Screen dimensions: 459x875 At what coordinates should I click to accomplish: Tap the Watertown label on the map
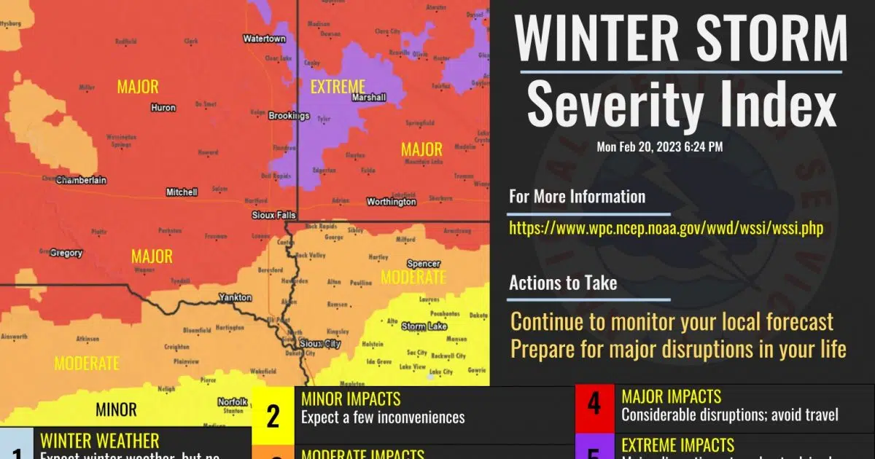[x=264, y=38]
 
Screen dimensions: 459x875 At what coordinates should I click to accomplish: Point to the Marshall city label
[x=368, y=97]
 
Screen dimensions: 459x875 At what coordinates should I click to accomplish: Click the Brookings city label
[x=289, y=116]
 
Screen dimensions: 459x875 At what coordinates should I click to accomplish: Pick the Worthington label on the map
[x=391, y=202]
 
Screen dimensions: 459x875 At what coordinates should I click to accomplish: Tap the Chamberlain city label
[x=80, y=179]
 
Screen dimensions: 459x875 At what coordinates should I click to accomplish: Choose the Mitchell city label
[x=182, y=192]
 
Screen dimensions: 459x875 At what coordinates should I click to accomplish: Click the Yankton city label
[x=235, y=298]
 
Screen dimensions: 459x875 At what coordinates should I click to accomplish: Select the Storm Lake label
[x=424, y=326]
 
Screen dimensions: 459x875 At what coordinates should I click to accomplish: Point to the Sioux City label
[x=320, y=342]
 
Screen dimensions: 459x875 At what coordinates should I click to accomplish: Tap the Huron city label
[x=163, y=108]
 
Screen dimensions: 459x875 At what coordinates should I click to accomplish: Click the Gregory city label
[x=66, y=253]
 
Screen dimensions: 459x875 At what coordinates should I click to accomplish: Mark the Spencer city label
[x=424, y=264]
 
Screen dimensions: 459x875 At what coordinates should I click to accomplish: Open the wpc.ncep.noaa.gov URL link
[x=666, y=228]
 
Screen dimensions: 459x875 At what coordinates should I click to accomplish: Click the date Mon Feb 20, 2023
[x=660, y=147]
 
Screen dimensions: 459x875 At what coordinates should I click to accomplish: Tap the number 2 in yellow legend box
[x=273, y=416]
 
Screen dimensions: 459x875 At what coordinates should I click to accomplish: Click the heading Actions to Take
[x=563, y=283]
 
